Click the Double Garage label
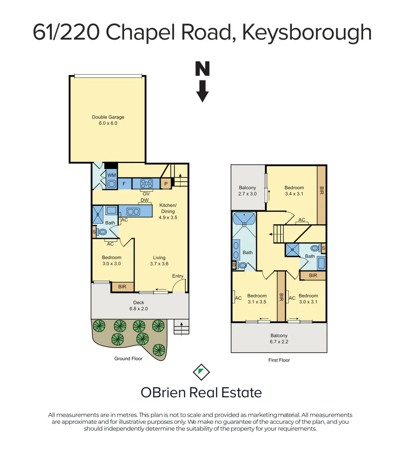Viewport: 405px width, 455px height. [108, 120]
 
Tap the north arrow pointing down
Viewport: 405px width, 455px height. [202, 82]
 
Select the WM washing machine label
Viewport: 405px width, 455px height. [111, 175]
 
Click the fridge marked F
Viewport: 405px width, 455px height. [124, 184]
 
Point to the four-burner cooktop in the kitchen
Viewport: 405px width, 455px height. [146, 184]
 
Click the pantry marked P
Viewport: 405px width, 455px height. [166, 184]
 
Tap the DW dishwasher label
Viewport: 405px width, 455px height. [145, 201]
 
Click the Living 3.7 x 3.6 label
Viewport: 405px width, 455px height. [159, 260]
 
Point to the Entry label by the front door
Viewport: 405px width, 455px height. [178, 276]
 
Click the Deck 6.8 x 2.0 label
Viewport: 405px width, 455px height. [139, 305]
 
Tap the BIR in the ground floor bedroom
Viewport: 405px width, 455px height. [122, 287]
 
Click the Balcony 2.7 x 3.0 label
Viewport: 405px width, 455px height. [248, 191]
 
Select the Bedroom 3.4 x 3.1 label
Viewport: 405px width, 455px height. [294, 191]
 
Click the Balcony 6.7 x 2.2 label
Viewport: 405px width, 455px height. [279, 339]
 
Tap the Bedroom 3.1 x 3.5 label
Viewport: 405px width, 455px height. [257, 298]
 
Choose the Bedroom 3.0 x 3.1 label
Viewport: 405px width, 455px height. [308, 298]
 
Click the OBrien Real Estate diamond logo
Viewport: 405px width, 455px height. [201, 372]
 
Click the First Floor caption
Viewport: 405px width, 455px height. [279, 360]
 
